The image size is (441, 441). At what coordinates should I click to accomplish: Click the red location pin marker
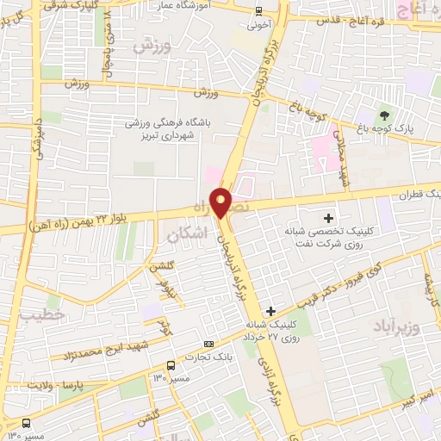point(221,202)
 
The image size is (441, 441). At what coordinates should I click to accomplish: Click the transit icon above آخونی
point(259,11)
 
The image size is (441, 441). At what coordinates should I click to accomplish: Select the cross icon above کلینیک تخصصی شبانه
point(328,217)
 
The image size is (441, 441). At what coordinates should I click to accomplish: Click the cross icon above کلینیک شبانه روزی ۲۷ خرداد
point(271,311)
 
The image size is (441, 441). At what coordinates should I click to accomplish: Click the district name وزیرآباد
point(396,326)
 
